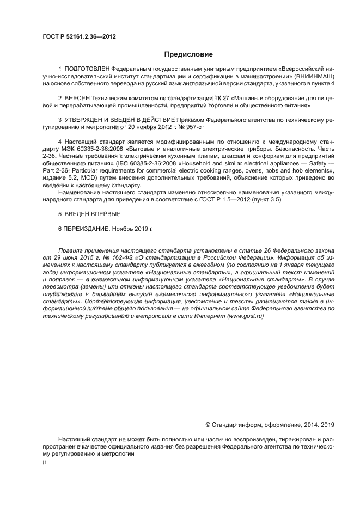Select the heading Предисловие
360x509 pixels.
coord(188,54)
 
